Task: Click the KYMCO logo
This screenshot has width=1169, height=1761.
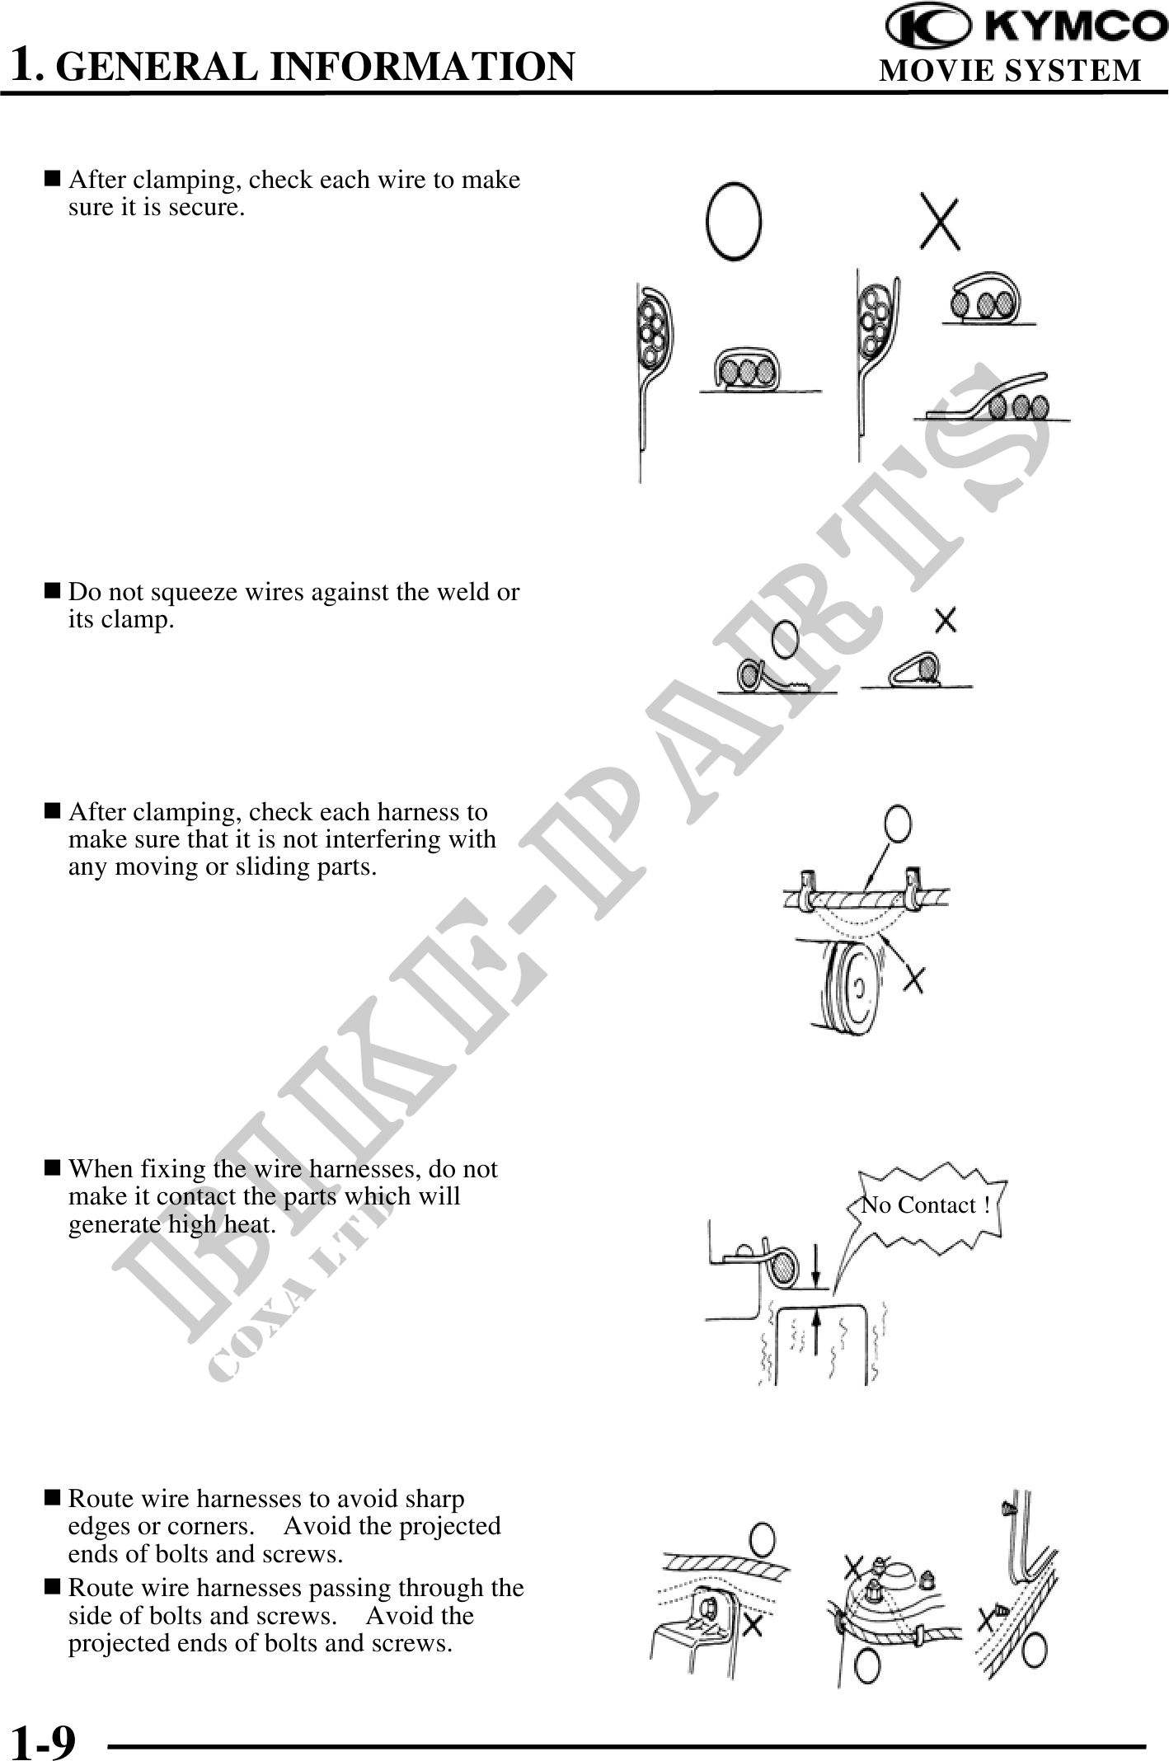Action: click(1026, 26)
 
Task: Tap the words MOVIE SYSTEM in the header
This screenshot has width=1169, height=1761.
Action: click(1011, 71)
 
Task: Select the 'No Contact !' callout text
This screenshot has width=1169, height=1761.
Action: click(925, 1205)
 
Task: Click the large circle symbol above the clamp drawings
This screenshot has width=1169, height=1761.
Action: click(733, 221)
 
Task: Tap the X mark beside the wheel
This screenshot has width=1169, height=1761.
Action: click(913, 979)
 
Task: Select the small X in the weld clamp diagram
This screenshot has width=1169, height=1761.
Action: click(946, 620)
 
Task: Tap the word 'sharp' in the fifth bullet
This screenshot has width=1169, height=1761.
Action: click(435, 1499)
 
